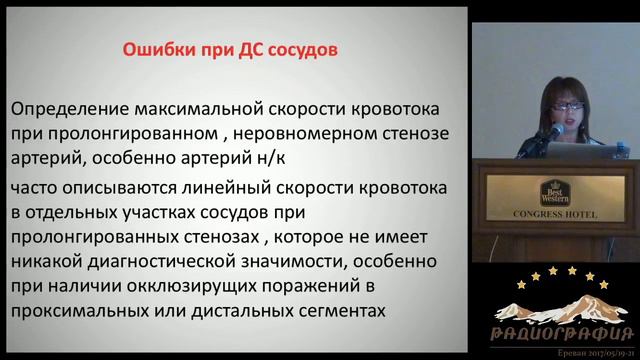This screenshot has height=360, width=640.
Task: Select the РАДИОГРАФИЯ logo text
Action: [x=566, y=331]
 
